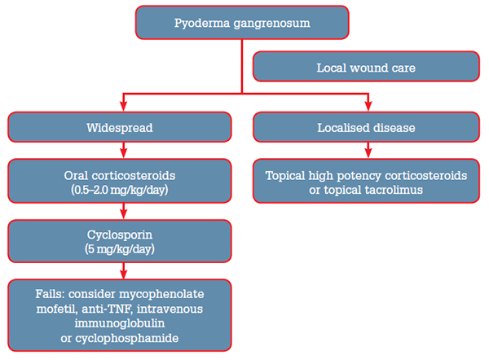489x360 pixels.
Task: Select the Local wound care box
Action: [x=366, y=67]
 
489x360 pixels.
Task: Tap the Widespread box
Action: [x=121, y=128]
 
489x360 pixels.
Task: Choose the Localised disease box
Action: [x=366, y=128]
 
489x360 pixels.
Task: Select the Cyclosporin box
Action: [x=121, y=241]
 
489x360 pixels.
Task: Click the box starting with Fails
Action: [x=121, y=314]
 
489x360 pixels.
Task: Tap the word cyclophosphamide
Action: [x=121, y=336]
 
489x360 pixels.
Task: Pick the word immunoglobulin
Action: [x=121, y=322]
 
